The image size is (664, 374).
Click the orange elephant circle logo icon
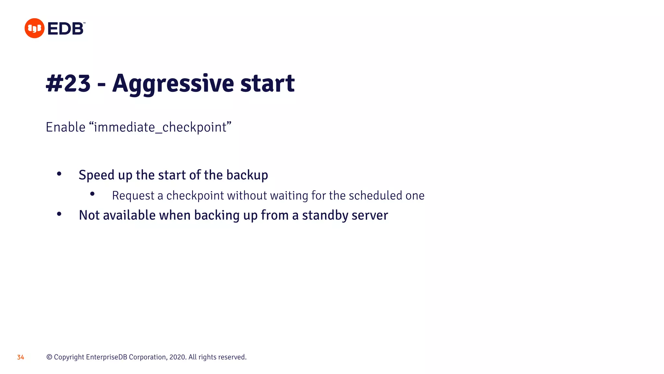(x=34, y=28)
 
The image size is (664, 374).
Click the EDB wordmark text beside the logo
(x=66, y=29)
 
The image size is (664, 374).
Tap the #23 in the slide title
(x=68, y=83)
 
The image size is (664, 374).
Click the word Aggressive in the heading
(x=173, y=83)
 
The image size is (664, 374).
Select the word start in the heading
(x=267, y=83)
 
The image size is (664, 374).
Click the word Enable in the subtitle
(x=65, y=127)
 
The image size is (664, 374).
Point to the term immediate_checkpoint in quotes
(x=160, y=127)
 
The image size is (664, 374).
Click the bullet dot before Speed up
(x=59, y=174)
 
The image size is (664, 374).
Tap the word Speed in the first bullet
(x=97, y=175)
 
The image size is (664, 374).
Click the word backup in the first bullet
(x=247, y=175)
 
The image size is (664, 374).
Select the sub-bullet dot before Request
(x=92, y=194)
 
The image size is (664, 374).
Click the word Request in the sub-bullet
(x=133, y=195)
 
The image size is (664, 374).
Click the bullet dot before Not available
(x=59, y=214)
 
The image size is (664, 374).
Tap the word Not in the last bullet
(x=89, y=215)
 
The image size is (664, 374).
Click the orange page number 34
(x=20, y=357)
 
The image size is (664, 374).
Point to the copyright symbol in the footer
(x=49, y=357)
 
